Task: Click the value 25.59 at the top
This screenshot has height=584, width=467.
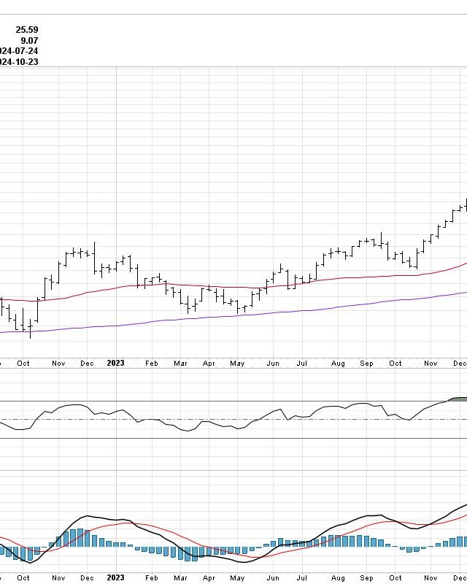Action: (27, 30)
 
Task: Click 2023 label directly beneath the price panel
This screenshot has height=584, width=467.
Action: (116, 363)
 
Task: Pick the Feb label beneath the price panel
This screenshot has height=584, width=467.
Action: (151, 363)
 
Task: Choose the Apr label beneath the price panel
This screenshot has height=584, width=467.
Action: (209, 363)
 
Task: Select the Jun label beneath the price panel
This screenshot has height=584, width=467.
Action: (273, 363)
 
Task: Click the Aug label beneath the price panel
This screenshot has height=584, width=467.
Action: (338, 363)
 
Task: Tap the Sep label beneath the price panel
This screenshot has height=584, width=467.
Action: (366, 363)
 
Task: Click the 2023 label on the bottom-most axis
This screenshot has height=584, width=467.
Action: (116, 577)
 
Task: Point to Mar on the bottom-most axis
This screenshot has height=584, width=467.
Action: (180, 577)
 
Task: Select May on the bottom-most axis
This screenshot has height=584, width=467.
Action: (237, 577)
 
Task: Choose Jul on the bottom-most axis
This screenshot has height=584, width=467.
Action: (301, 577)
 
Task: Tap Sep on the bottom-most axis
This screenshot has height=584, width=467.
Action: (366, 577)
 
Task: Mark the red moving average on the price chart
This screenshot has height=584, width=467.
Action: (219, 287)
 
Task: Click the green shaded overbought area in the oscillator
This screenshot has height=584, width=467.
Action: (458, 399)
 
